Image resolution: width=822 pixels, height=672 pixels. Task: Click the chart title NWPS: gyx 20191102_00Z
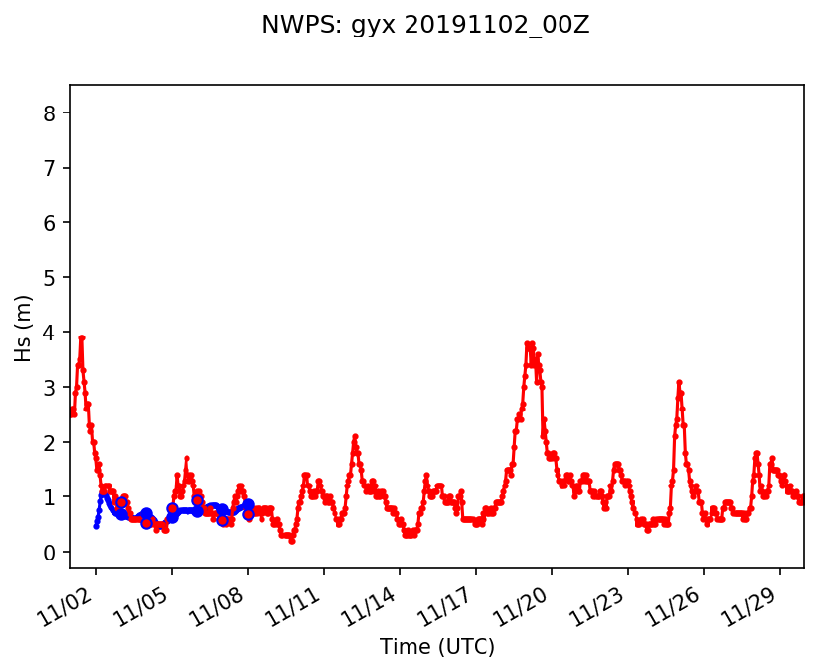point(425,26)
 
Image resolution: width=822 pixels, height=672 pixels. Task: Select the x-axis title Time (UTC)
point(437,647)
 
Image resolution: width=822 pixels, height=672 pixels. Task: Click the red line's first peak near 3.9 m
point(82,337)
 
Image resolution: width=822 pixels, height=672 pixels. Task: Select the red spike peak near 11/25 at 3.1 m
point(679,382)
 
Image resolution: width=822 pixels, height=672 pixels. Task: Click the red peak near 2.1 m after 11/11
point(355,436)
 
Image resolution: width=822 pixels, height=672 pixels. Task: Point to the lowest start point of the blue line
point(96,526)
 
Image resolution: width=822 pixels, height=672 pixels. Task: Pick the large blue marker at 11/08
point(248,505)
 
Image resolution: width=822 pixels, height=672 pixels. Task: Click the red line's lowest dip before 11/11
point(291,541)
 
